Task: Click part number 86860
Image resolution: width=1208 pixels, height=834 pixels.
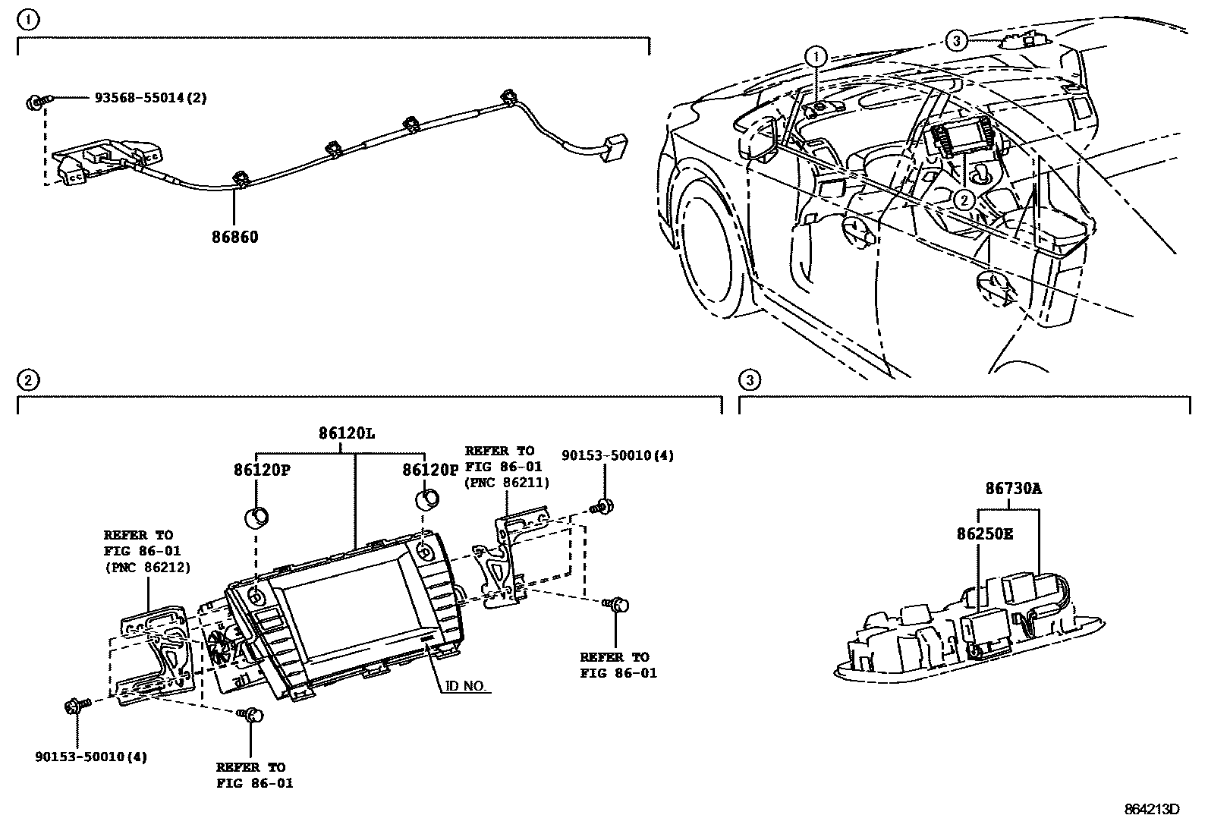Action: [x=234, y=237]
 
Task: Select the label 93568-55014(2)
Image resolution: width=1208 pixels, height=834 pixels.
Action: [x=150, y=98]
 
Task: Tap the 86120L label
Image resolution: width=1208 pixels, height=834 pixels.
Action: [x=347, y=433]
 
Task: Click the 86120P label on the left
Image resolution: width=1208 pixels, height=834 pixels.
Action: [x=262, y=470]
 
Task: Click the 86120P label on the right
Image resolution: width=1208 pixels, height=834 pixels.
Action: [x=431, y=470]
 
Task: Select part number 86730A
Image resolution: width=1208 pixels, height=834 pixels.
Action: [x=1013, y=489]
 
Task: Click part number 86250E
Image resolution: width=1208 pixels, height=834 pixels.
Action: [x=984, y=533]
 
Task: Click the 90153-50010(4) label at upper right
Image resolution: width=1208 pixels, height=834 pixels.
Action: [x=617, y=455]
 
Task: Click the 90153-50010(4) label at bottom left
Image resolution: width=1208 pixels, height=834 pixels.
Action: [x=91, y=757]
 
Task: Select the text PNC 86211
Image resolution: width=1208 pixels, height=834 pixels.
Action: [x=507, y=483]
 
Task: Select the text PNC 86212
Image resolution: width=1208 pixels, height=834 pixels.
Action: [x=147, y=567]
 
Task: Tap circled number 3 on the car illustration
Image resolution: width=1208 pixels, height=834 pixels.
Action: [x=957, y=40]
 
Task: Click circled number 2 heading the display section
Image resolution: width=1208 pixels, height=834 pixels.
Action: [x=27, y=379]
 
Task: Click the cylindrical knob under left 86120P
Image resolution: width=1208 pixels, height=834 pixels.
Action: [x=256, y=519]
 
